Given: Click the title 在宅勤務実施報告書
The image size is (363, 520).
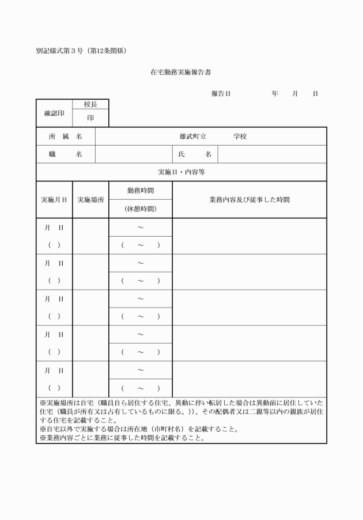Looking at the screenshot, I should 182,73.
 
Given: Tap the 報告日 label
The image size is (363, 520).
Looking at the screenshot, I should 221,93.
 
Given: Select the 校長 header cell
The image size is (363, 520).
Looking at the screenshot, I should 90,104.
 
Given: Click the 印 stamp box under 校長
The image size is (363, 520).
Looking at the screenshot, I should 90,117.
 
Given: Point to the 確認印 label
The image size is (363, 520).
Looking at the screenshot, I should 54,113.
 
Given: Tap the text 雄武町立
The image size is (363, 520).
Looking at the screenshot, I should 193,136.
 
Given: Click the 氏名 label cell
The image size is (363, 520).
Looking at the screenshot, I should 195,154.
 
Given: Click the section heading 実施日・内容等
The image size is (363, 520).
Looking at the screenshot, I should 181,172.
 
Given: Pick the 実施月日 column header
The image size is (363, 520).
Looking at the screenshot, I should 54,200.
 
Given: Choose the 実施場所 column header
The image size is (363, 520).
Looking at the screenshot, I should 90,200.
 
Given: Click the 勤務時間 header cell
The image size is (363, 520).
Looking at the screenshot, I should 141,191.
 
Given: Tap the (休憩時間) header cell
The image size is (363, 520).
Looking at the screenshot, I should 141,209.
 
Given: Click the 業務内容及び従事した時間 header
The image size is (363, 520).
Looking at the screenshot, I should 249,200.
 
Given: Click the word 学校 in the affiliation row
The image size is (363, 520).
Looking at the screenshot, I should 240,136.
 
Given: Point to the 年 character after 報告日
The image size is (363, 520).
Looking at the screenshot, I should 275,93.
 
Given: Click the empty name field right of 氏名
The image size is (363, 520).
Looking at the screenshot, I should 272,154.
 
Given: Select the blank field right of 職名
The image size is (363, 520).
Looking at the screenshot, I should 134,154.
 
